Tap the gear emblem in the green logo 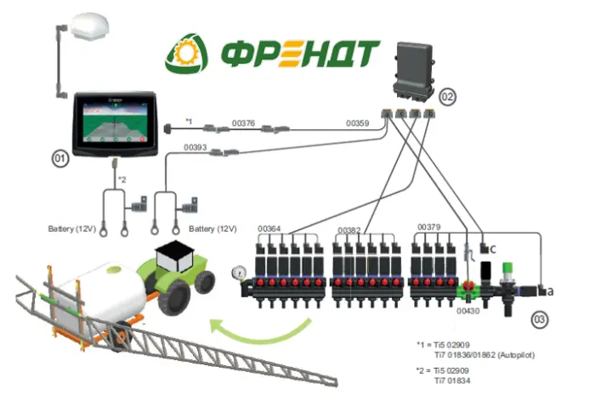(x=186, y=54)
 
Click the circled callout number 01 (x=60, y=159)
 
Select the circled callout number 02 (x=447, y=97)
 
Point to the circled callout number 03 (x=539, y=319)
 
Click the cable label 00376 (x=243, y=123)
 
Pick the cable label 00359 (x=358, y=123)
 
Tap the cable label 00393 (x=195, y=147)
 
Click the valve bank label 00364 (x=269, y=229)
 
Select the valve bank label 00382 (x=349, y=230)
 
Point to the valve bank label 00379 (x=428, y=227)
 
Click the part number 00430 (x=467, y=311)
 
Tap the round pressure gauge (x=239, y=273)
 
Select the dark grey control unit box (x=413, y=72)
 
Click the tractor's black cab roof (x=174, y=248)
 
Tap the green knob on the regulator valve (x=507, y=268)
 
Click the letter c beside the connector (x=493, y=250)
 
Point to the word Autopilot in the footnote (x=516, y=355)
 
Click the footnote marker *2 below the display (x=122, y=179)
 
